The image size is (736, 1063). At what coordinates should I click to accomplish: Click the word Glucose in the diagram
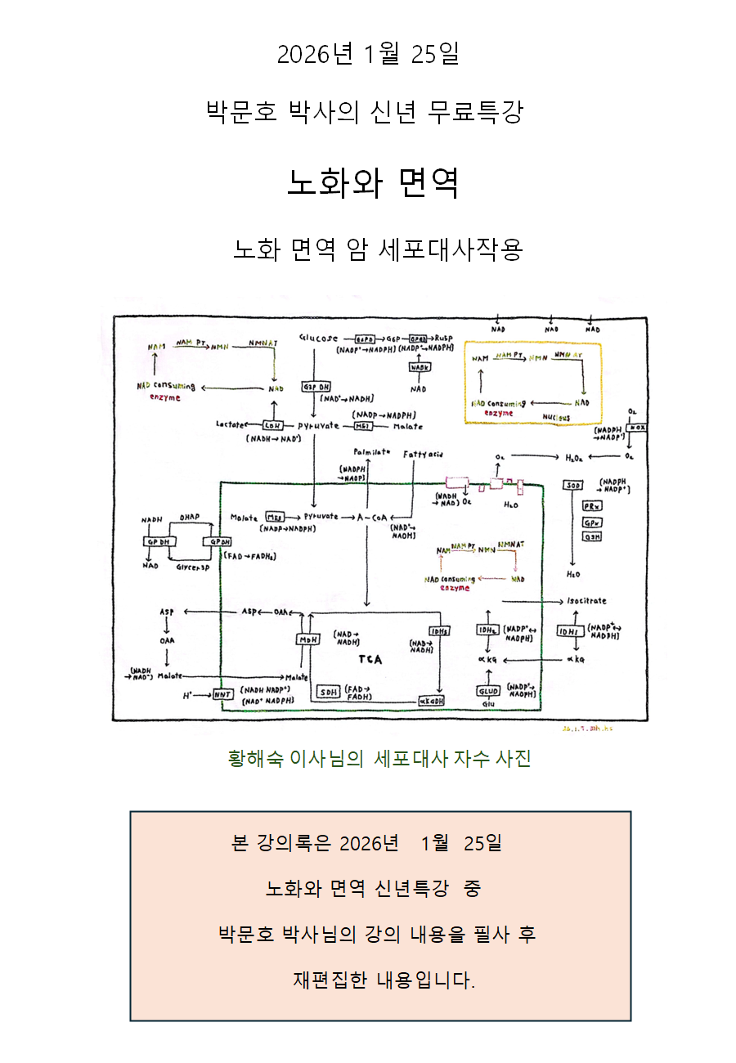click(318, 338)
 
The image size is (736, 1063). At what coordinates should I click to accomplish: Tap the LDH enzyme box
click(272, 425)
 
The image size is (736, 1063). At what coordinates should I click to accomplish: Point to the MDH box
click(307, 639)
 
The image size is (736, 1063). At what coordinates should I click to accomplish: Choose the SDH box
click(329, 692)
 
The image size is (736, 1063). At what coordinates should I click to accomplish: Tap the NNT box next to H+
click(223, 695)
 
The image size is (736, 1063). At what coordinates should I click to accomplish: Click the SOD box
click(573, 486)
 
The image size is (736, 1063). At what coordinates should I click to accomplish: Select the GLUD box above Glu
click(488, 691)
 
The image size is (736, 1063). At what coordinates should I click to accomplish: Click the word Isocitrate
click(586, 601)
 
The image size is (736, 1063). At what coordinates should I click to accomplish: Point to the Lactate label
click(231, 424)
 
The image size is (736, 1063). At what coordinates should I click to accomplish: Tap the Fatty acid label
click(423, 453)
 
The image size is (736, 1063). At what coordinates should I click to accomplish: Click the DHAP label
click(190, 517)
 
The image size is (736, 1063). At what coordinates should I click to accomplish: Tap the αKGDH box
click(431, 702)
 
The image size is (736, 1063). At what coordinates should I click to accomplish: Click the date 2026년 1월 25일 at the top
click(368, 54)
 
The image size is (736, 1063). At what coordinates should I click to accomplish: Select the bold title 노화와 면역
click(372, 182)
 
